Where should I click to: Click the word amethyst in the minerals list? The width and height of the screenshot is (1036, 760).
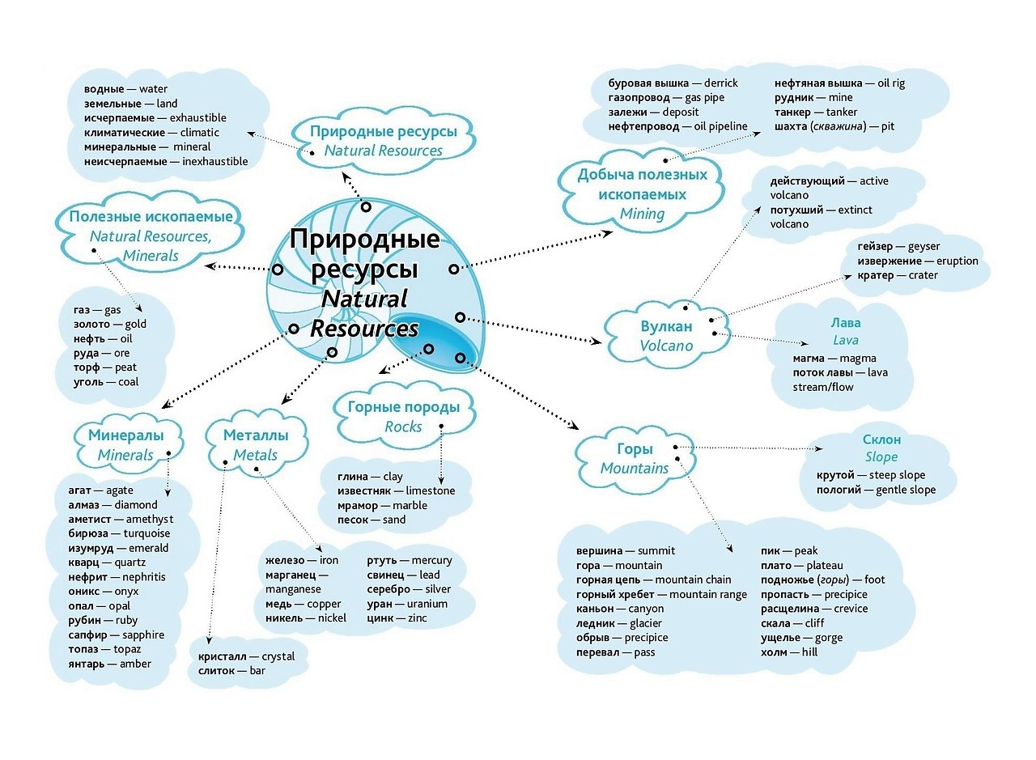point(149,519)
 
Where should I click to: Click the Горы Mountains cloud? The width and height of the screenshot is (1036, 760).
point(635,459)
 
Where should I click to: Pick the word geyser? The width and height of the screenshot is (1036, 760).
point(923,247)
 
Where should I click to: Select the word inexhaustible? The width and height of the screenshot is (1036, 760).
point(214,162)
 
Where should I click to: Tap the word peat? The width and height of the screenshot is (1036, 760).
point(125,367)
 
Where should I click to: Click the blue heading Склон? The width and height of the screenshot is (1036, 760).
point(881,439)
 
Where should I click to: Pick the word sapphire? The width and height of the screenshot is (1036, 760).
point(143,635)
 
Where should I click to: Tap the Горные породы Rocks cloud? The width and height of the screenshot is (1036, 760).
point(403,417)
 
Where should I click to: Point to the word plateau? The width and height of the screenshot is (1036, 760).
point(823,565)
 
